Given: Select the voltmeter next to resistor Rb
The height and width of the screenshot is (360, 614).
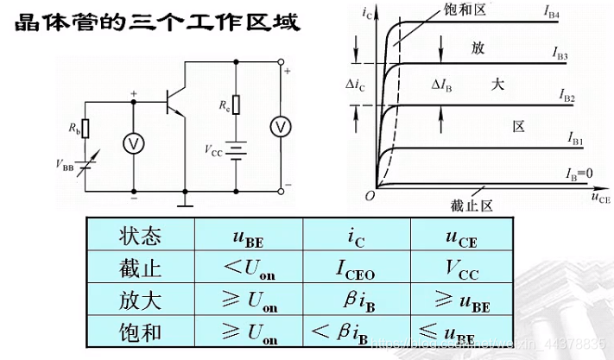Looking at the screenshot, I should (134, 144).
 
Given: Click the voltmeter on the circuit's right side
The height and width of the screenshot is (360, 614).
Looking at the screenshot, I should (280, 126).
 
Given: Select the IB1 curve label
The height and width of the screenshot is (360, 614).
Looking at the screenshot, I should (577, 138).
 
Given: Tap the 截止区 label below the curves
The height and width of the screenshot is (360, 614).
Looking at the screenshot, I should (471, 205).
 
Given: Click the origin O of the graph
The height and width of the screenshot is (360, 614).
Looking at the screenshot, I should (369, 196).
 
